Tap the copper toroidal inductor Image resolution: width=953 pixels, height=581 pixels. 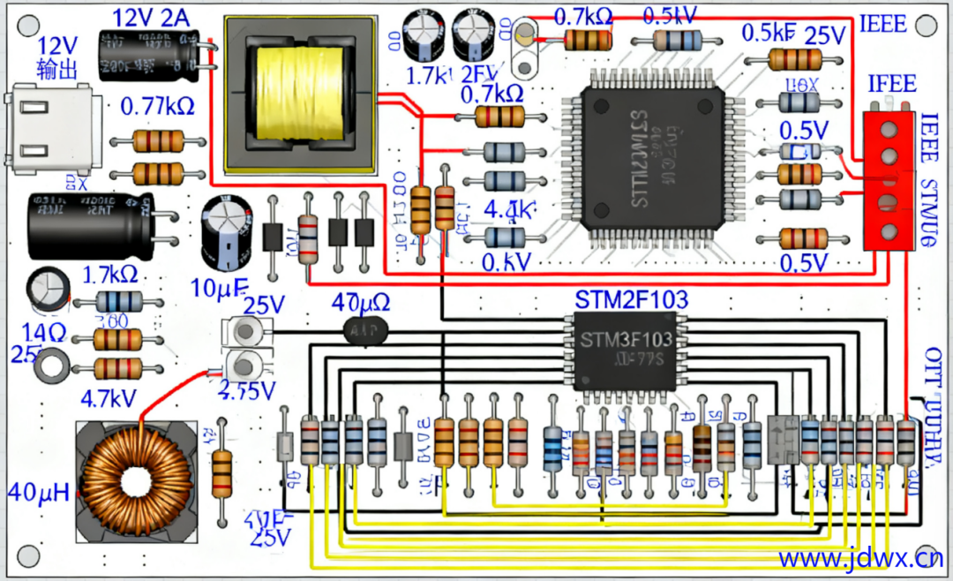tap(137, 481)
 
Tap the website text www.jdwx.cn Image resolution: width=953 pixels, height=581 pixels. tap(859, 558)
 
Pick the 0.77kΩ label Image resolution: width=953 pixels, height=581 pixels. tap(157, 107)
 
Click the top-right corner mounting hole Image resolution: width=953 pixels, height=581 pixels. tap(925, 25)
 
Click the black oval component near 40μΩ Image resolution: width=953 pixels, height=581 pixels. tap(365, 329)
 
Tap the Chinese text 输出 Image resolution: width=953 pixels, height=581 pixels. tap(56, 69)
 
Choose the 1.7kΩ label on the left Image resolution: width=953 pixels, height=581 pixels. tap(110, 274)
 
